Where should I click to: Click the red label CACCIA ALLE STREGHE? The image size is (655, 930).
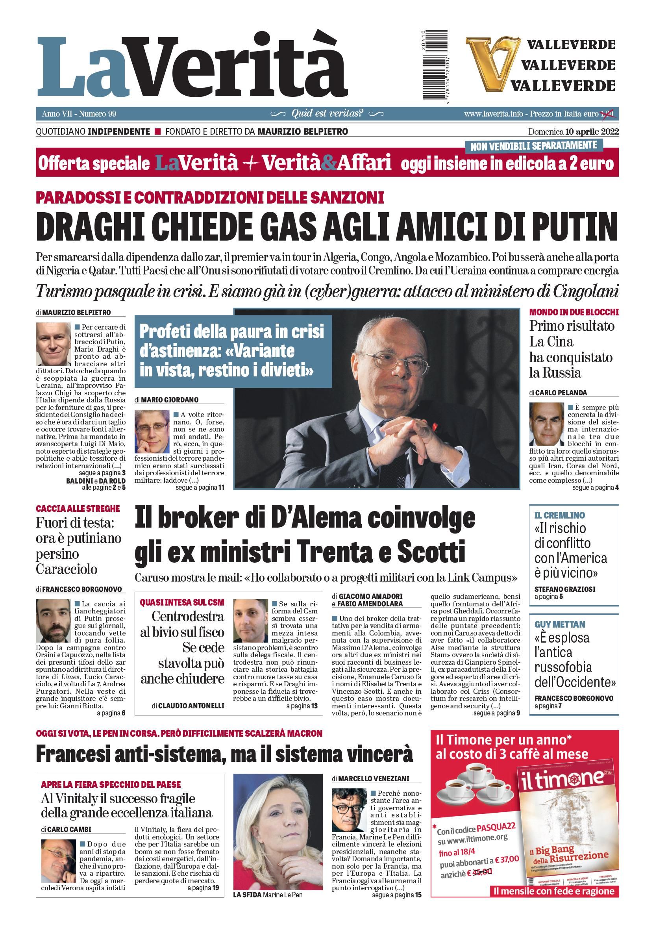(x=78, y=508)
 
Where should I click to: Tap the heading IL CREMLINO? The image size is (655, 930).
(x=559, y=515)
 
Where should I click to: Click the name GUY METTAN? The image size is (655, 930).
(x=559, y=624)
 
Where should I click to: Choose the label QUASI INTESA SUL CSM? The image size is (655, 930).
(x=182, y=602)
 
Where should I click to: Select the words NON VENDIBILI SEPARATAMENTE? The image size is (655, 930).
(x=533, y=145)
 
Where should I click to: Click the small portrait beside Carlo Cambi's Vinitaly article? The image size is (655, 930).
(x=58, y=861)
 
